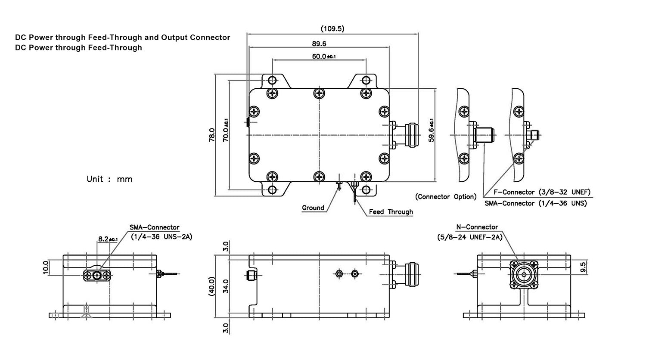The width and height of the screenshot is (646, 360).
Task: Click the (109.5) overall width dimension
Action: coord(332,28)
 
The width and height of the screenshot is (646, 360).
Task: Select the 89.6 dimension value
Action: coord(319,44)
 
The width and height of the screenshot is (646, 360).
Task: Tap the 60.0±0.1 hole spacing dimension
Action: coord(323,56)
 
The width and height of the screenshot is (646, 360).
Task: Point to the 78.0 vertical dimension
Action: coord(212,135)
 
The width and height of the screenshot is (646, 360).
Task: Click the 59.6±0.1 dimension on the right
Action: coord(431,130)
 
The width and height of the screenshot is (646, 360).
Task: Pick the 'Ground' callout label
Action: coord(313,208)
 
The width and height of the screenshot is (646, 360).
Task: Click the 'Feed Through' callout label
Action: coord(391,212)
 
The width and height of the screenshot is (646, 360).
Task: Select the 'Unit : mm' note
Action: coord(109,179)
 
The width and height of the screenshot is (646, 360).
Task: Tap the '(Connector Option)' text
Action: coord(446,197)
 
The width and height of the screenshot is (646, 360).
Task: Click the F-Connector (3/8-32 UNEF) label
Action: coord(542,192)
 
